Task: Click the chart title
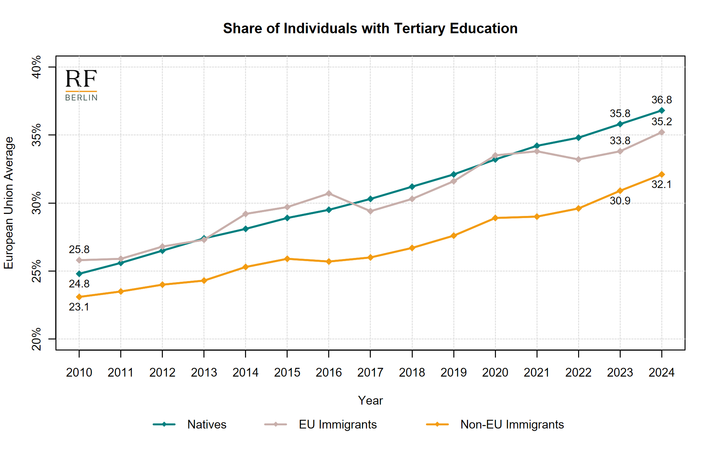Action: tap(370, 29)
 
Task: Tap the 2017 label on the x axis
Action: tap(370, 372)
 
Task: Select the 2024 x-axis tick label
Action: tap(661, 372)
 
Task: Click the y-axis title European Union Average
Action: tap(9, 203)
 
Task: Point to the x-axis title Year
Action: tap(370, 401)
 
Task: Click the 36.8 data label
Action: tap(661, 100)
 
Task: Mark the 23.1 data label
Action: tap(79, 307)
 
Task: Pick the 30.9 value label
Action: tap(620, 201)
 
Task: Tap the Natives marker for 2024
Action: tap(661, 111)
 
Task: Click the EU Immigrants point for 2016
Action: tap(329, 194)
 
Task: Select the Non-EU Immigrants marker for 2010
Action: tap(79, 297)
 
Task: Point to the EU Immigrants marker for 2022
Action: tap(578, 160)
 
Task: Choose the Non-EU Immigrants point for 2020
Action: tap(495, 218)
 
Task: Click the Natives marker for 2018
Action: tap(412, 187)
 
